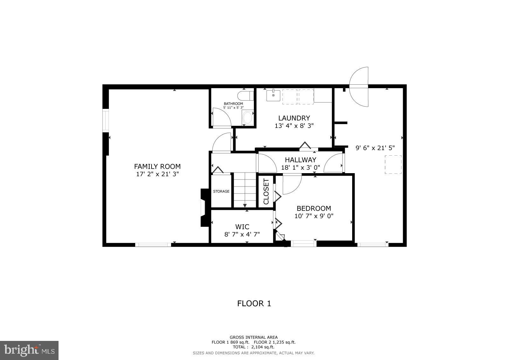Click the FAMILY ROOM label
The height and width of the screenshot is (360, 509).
coord(157,166)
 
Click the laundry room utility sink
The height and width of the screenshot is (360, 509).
coord(273,95)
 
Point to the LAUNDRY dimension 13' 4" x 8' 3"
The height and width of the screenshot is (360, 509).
coord(294,126)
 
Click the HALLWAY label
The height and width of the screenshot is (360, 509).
coord(300,160)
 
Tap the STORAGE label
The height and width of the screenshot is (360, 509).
coord(221,191)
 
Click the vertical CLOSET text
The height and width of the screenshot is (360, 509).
coord(266,191)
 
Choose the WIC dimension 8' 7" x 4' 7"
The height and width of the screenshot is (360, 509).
coord(242,234)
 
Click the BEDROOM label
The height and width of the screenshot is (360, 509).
coord(314,208)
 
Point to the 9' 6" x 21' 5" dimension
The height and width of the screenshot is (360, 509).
coord(375,148)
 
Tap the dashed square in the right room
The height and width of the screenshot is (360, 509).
coord(393,164)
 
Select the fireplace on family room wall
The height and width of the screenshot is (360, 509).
coord(204,208)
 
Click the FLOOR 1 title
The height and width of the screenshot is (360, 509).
coord(254,303)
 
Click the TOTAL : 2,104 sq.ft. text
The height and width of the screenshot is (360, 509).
coord(254,347)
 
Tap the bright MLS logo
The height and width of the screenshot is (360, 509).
coord(29,350)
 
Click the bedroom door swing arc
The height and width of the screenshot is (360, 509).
coord(292,185)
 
